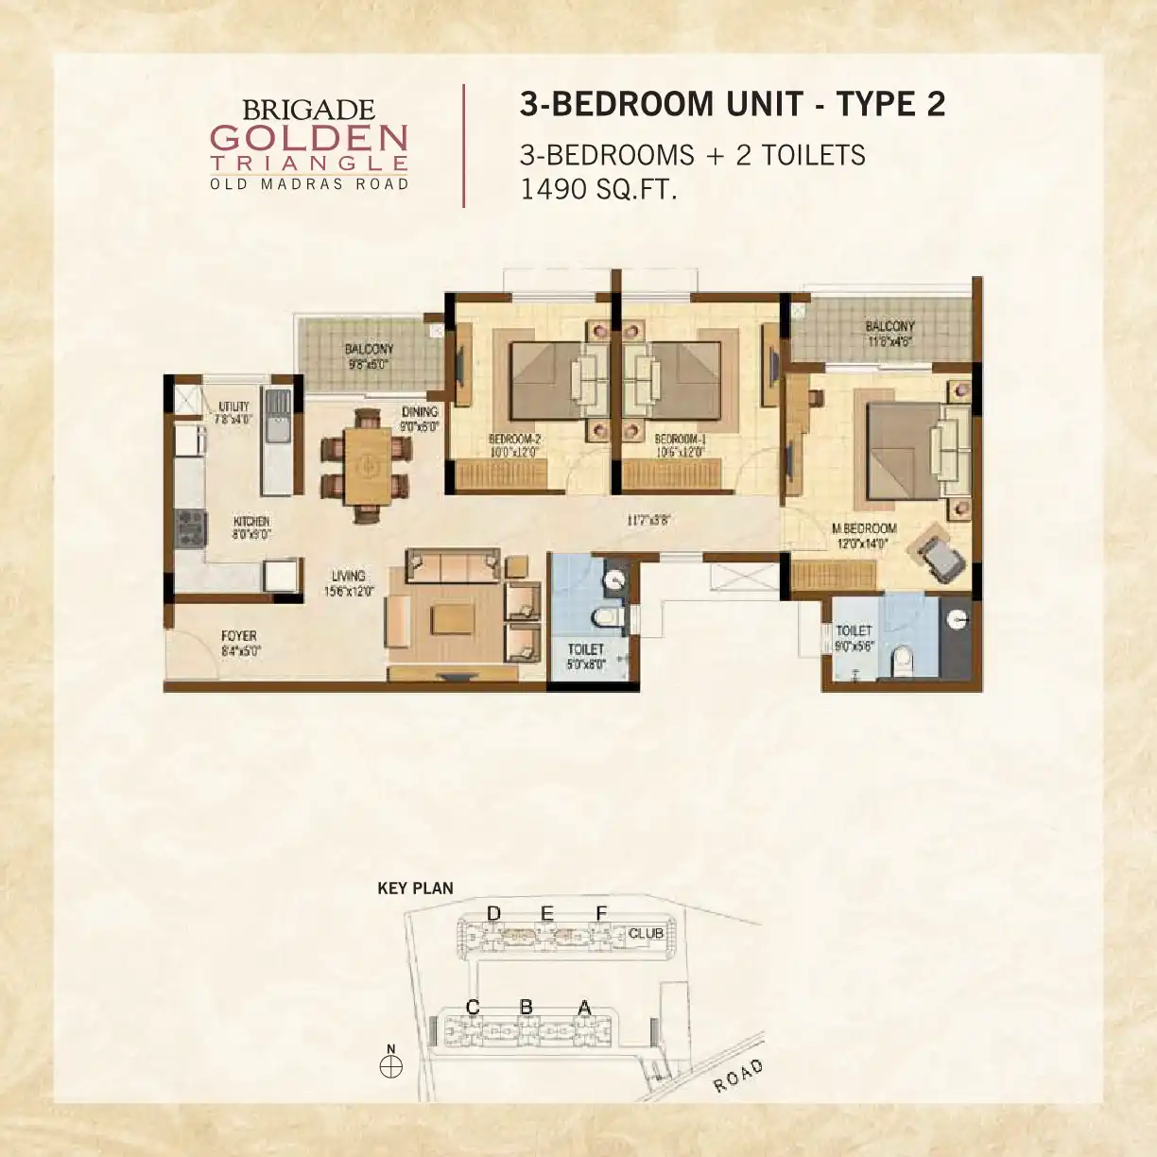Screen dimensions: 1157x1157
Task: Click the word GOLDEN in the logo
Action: (x=308, y=138)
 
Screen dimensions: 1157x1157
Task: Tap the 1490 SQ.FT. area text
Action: (x=598, y=189)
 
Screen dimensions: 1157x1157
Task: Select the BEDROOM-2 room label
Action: (x=514, y=440)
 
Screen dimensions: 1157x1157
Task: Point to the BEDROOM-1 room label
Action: (x=681, y=440)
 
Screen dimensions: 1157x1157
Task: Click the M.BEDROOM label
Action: (x=864, y=528)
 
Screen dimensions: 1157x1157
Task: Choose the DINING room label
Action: (x=420, y=412)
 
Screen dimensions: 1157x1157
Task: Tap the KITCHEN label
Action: (x=251, y=522)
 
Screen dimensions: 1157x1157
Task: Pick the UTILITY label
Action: (x=234, y=406)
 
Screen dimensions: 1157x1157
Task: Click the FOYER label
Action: (x=238, y=636)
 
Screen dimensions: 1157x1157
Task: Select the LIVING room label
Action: (x=349, y=576)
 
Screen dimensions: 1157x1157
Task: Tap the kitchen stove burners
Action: (x=190, y=528)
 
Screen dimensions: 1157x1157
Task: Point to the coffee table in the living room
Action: (x=453, y=620)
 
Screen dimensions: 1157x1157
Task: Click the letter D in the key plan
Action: (x=492, y=913)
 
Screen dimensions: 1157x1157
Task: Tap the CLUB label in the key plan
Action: (x=646, y=933)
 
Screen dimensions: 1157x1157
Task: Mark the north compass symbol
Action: (x=390, y=1066)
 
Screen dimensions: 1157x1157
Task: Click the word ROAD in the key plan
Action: (x=738, y=1076)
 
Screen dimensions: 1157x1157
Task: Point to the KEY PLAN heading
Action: (x=415, y=888)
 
